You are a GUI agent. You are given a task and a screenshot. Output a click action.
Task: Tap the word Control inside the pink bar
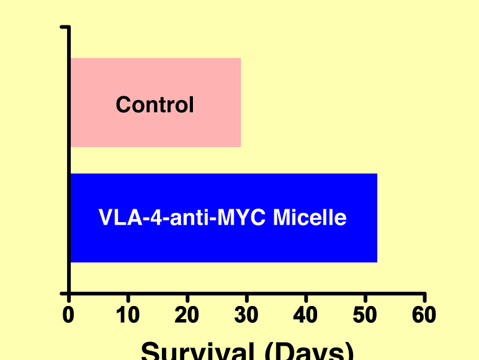(155, 104)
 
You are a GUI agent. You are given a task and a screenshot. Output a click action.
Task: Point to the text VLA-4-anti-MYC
(184, 218)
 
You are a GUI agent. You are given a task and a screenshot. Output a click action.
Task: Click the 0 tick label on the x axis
(68, 315)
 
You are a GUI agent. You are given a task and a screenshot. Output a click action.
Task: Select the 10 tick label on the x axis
(128, 315)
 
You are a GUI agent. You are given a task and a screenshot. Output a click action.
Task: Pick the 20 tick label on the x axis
(187, 315)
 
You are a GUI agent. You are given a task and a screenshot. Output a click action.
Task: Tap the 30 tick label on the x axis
(246, 315)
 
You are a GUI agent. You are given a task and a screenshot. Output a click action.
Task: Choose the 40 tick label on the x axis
(305, 315)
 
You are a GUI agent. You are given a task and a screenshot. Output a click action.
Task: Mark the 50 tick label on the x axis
(365, 315)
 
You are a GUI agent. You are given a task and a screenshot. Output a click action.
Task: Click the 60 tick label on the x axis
(424, 315)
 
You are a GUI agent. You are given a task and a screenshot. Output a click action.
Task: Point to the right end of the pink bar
(239, 102)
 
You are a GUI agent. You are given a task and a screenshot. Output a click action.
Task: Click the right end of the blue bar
(376, 218)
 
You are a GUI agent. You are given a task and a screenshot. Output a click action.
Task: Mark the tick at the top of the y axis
(64, 27)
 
